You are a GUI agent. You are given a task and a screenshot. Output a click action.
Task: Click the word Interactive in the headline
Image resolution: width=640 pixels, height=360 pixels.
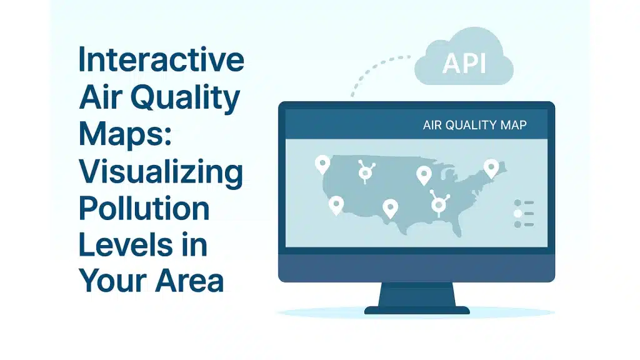pos(161,61)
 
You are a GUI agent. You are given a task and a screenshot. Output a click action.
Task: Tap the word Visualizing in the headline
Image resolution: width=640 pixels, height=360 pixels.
pos(161,171)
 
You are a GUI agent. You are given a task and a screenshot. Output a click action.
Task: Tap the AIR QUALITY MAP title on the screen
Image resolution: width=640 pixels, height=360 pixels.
pos(474,125)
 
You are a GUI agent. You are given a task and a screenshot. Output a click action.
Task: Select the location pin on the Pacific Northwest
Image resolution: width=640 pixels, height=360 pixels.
pos(322,164)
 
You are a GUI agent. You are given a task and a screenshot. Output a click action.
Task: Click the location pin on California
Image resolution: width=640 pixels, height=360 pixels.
pos(336,204)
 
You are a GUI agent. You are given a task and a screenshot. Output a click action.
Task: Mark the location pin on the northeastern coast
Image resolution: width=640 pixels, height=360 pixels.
pos(491,167)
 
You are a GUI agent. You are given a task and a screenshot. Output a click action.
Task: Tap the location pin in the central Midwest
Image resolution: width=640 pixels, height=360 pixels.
pos(424,174)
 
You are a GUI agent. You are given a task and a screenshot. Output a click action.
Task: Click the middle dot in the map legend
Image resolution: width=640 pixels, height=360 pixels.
pos(517,214)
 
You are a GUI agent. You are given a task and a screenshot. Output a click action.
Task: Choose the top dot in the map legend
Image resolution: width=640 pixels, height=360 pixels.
pos(517,203)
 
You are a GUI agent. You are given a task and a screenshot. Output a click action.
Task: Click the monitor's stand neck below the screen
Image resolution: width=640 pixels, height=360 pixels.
pos(417,294)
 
